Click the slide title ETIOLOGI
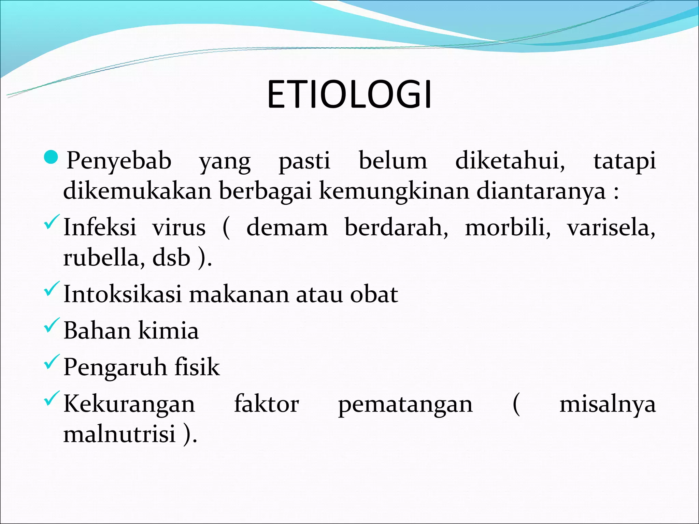coord(349,95)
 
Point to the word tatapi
coord(625,161)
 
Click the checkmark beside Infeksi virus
coord(52,222)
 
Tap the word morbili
coord(508,227)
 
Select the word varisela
coord(611,227)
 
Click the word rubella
coord(101,258)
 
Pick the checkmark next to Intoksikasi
coord(52,289)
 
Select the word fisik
coord(197,367)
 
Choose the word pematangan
coord(405,405)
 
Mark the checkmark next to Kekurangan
coord(52,398)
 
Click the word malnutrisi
coord(119,434)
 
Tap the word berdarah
coord(396,227)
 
